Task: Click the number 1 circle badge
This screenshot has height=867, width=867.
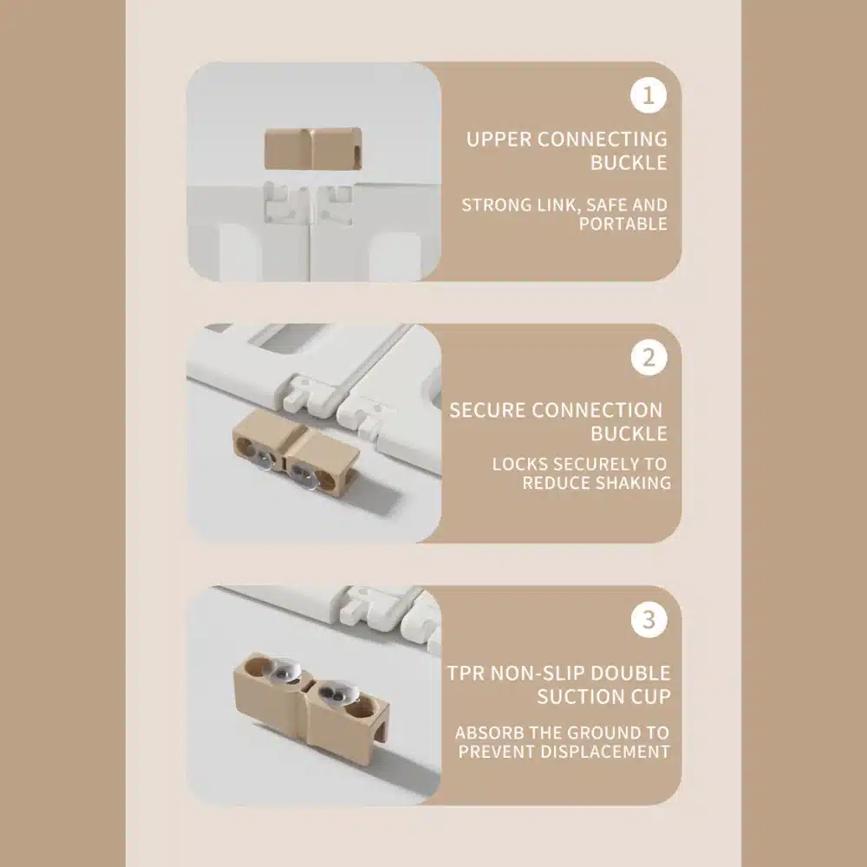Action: click(648, 95)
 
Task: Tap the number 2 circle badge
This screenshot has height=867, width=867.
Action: click(649, 358)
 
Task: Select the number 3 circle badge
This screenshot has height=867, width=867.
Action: click(649, 619)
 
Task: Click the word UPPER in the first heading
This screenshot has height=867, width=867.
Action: click(498, 140)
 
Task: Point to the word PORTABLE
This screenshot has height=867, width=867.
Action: click(623, 224)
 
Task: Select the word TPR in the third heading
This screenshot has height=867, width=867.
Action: click(466, 673)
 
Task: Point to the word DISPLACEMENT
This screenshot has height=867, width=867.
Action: click(605, 752)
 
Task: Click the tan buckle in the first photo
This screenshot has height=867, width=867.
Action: click(314, 149)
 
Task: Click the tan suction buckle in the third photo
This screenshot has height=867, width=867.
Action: click(311, 698)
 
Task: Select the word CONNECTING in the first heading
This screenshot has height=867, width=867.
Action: click(603, 140)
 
